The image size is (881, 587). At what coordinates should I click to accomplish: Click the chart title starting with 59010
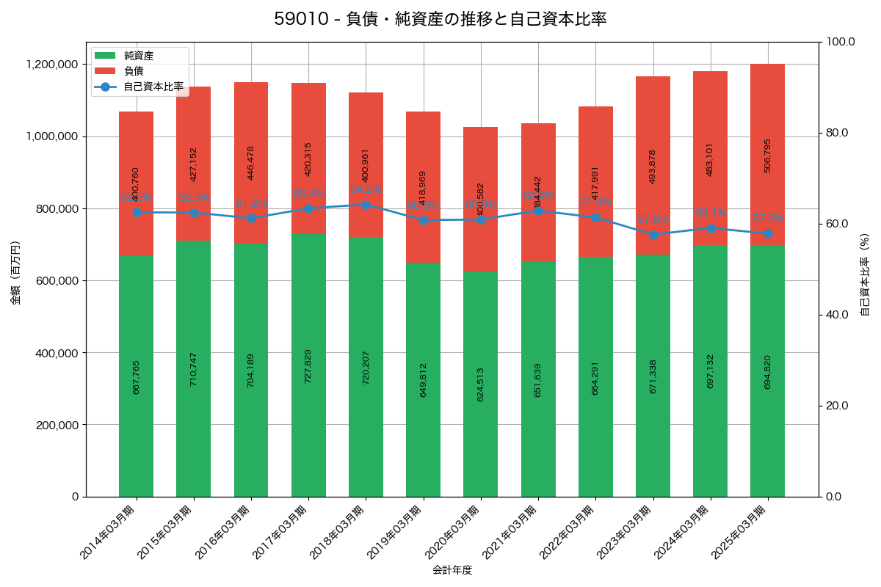pyautogui.click(x=440, y=19)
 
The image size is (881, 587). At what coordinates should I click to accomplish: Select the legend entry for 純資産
pyautogui.click(x=138, y=55)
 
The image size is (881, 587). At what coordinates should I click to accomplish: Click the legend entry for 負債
pyautogui.click(x=133, y=70)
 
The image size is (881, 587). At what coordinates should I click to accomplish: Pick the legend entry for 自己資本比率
pyautogui.click(x=153, y=87)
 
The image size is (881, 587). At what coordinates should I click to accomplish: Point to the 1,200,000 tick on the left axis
pyautogui.click(x=52, y=65)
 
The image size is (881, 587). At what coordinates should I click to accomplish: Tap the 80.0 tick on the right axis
pyautogui.click(x=836, y=133)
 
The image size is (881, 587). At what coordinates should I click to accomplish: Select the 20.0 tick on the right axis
pyautogui.click(x=836, y=406)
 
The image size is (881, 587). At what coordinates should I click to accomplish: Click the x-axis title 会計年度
pyautogui.click(x=452, y=569)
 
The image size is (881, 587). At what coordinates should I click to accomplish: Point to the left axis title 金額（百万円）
pyautogui.click(x=15, y=273)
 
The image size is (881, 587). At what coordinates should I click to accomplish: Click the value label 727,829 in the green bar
pyautogui.click(x=308, y=365)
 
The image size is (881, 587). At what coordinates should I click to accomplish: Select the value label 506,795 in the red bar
pyautogui.click(x=767, y=156)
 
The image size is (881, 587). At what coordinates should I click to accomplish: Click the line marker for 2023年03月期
pyautogui.click(x=653, y=235)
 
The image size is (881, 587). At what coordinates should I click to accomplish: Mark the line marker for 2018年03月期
pyautogui.click(x=366, y=205)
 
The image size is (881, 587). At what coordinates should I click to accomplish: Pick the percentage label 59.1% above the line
pyautogui.click(x=711, y=213)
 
